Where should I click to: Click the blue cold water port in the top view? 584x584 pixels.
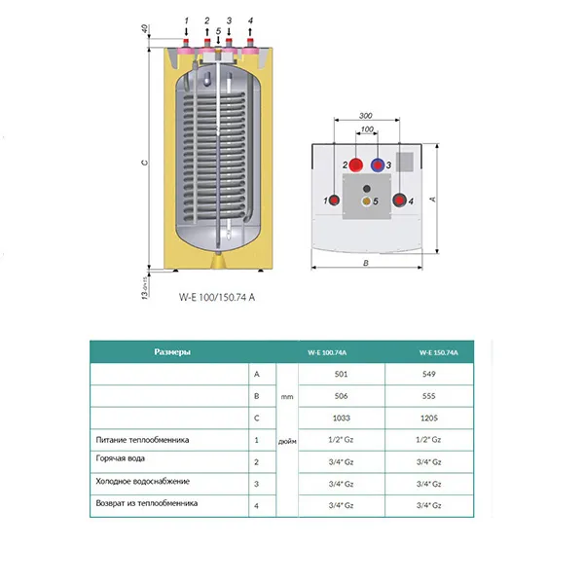(x=378, y=165)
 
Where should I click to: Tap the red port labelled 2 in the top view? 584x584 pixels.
(x=357, y=165)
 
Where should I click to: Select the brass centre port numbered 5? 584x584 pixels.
(x=367, y=201)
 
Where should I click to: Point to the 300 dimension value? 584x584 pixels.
(x=366, y=113)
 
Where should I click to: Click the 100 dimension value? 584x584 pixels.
(x=367, y=129)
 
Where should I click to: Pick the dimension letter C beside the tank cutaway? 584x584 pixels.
(x=144, y=163)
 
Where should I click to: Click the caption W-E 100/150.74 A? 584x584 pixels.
(x=216, y=300)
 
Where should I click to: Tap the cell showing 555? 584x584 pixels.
(x=429, y=396)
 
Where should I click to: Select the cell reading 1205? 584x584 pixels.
(x=429, y=419)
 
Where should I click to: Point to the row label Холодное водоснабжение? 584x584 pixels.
(x=142, y=481)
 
